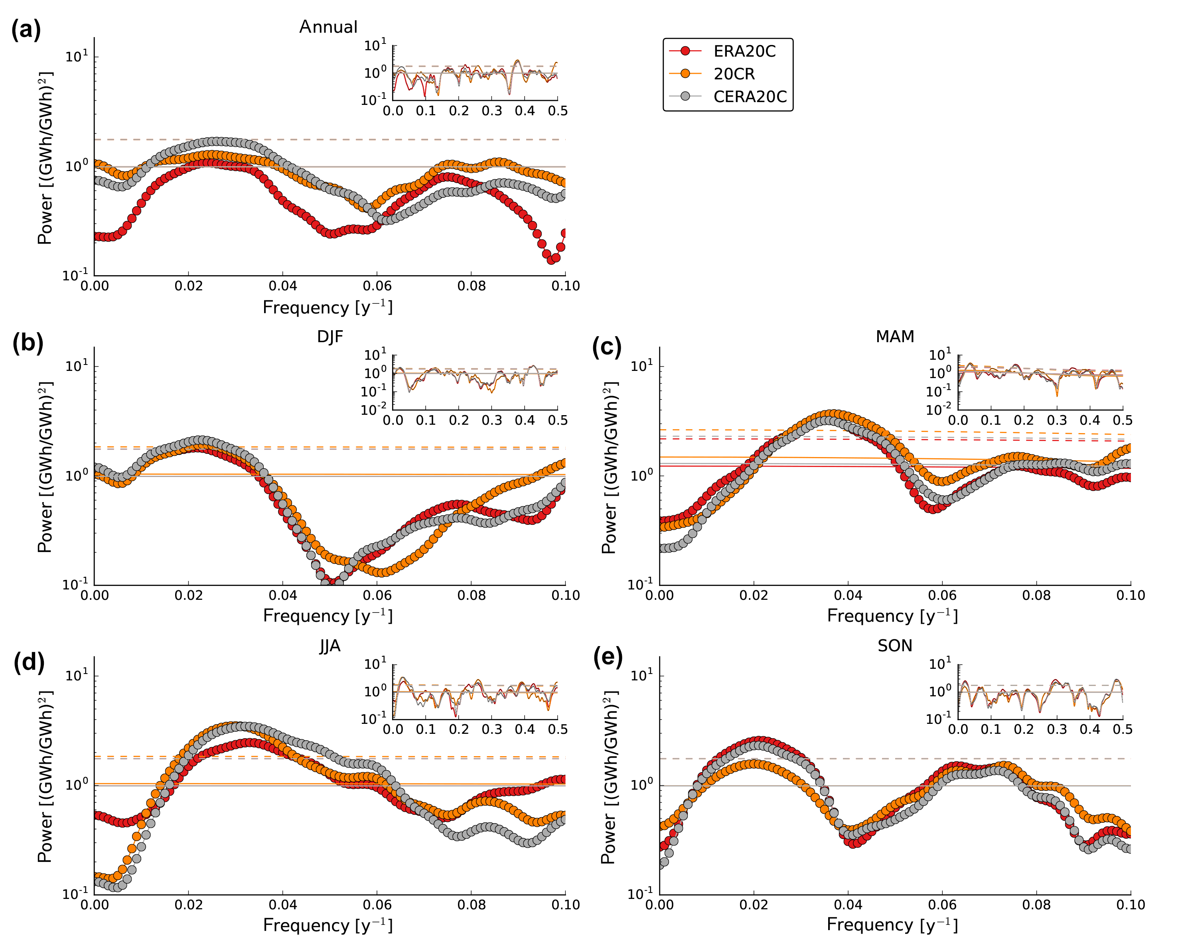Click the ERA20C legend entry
[744, 51]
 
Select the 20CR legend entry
[734, 74]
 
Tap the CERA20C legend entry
[750, 97]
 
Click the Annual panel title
[328, 27]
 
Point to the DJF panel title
[330, 336]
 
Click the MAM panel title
[894, 336]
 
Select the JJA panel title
[330, 646]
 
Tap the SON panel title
[894, 646]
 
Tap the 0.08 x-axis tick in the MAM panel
[1036, 595]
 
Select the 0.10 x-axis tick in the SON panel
[1130, 905]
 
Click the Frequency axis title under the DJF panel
[328, 616]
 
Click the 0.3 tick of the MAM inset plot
[1057, 420]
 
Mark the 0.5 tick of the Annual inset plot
[557, 111]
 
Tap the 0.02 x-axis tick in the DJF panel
[189, 595]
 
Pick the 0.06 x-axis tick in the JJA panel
[377, 905]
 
